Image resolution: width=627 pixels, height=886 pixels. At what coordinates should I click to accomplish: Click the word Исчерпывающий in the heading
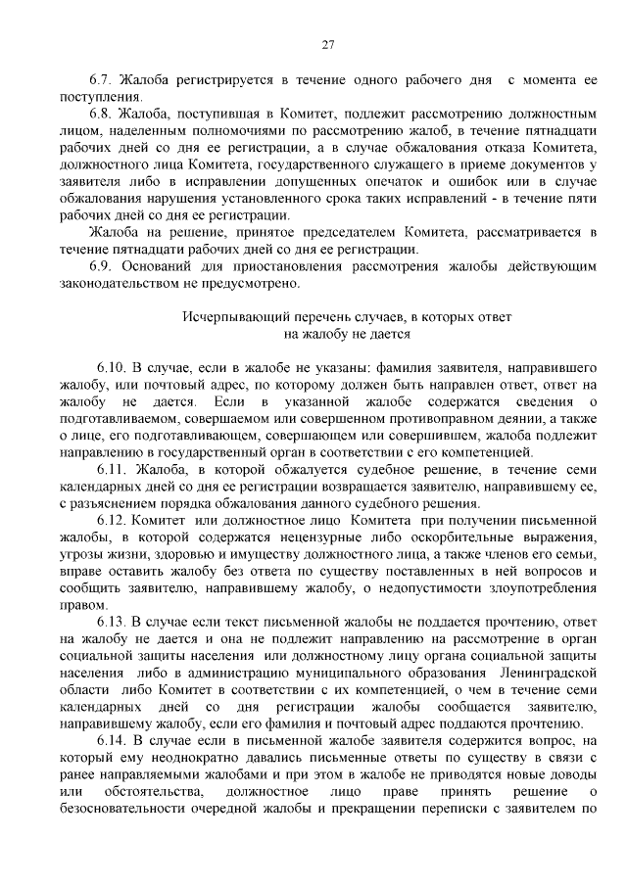pos(227,317)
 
